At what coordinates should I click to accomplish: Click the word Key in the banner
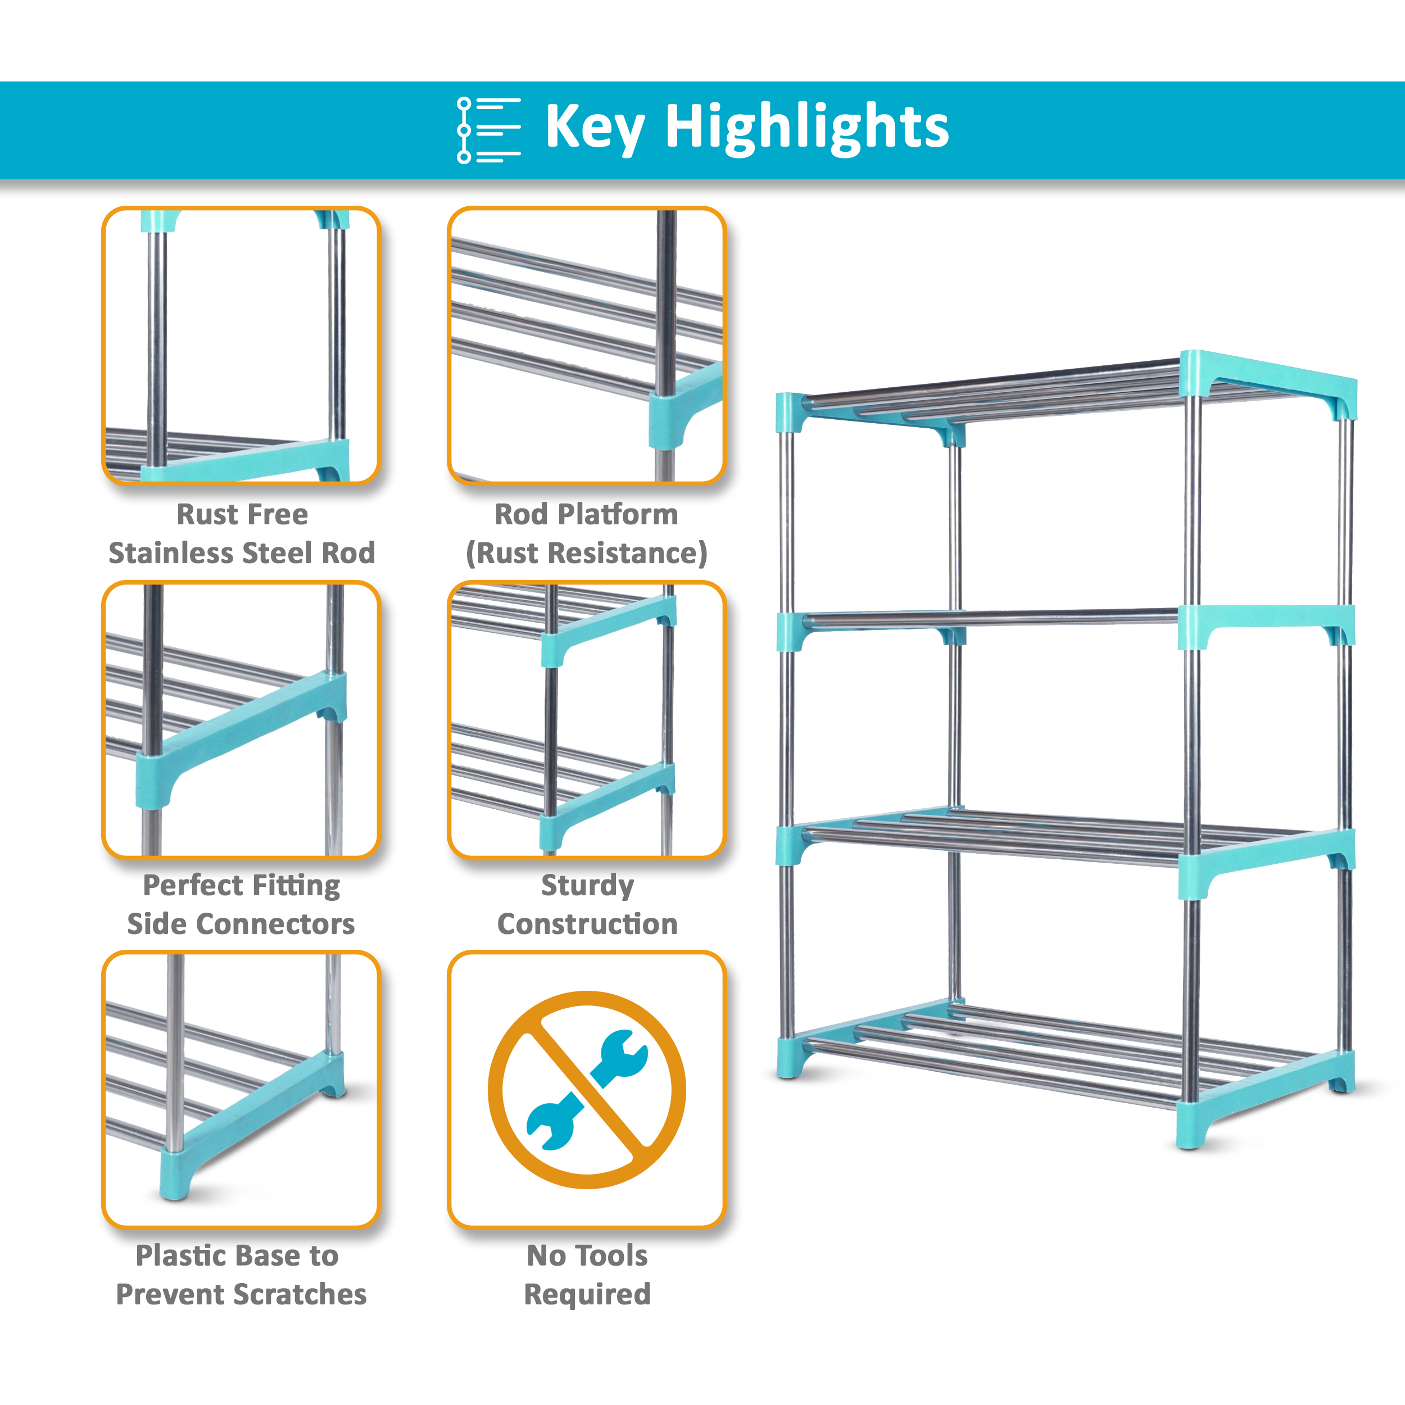[594, 128]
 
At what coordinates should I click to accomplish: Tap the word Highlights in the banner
[806, 128]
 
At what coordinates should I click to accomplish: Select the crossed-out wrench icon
[586, 1089]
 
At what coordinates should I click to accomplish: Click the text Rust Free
[242, 514]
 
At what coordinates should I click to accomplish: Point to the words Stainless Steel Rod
[242, 552]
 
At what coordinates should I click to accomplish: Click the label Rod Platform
[586, 514]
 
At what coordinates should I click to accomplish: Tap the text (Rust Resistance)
[586, 552]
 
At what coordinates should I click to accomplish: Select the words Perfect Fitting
[242, 885]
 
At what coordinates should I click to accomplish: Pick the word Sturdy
[587, 885]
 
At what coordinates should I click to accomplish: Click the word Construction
[587, 923]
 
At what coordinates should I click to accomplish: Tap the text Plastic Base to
[237, 1255]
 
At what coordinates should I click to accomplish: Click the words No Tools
[587, 1255]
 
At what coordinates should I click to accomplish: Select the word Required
[587, 1294]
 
